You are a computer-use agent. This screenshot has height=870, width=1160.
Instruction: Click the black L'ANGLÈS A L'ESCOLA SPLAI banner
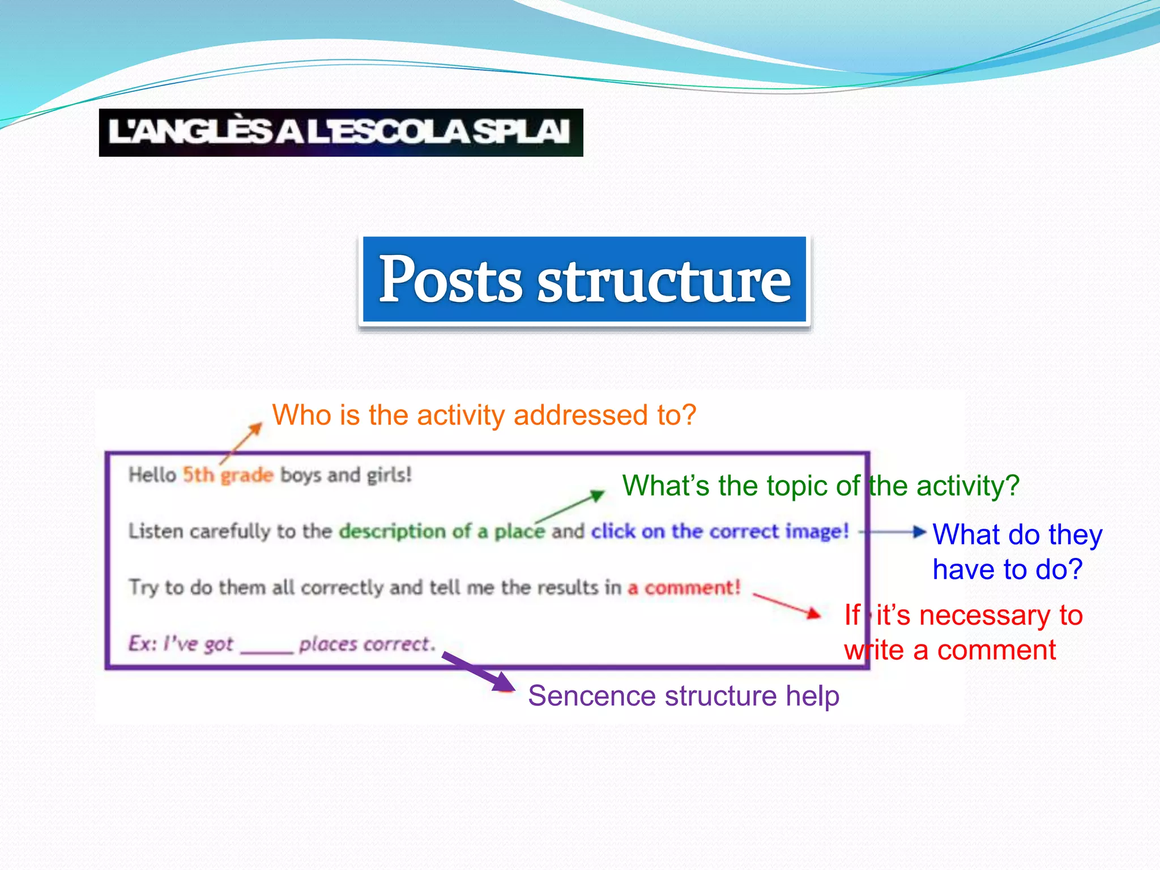coord(340,133)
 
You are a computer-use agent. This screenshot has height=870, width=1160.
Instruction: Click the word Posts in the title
coord(450,279)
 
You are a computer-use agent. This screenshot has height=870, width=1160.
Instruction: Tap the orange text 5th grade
coord(228,475)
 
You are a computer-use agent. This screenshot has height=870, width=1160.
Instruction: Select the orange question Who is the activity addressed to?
coord(484,415)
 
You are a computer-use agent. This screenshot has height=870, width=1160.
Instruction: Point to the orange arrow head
coord(256,428)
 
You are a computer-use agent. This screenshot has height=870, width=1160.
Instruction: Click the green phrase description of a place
coord(442,531)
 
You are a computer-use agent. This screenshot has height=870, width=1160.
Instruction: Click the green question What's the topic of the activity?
coord(820,486)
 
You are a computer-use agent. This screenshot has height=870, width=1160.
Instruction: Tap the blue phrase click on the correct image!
coord(720,531)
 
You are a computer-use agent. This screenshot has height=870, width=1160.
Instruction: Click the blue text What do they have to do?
coord(1017,552)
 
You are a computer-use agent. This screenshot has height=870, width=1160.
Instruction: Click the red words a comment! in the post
coord(684,588)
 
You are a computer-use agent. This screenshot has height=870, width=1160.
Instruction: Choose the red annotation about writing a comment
coord(963,633)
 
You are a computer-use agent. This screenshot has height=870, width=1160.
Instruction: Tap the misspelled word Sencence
coord(592,696)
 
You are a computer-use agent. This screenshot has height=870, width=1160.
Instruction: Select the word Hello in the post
coord(152,475)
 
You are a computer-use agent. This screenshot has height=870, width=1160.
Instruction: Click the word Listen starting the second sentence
coord(156,531)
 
